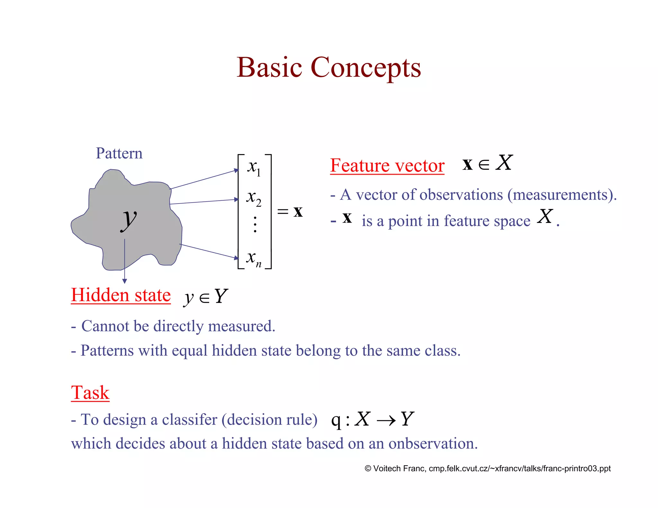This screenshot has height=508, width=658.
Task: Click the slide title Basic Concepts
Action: (328, 67)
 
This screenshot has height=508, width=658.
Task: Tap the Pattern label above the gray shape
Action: (119, 153)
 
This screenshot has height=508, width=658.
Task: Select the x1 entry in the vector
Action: (254, 167)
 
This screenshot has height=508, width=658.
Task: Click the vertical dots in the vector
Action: (255, 224)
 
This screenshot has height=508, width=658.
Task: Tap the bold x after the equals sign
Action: (298, 212)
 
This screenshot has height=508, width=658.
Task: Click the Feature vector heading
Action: (387, 166)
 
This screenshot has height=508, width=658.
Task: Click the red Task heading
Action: (90, 392)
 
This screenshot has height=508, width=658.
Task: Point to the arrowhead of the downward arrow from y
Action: (125, 281)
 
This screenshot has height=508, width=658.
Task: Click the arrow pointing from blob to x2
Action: (204, 202)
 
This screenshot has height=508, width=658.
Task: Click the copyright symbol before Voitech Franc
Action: (368, 469)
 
